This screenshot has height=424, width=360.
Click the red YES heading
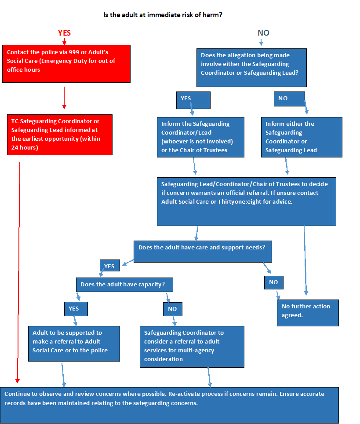click(64, 33)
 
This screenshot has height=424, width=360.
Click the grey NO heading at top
click(263, 33)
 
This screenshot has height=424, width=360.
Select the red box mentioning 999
click(66, 63)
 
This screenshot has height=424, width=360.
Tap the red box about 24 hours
click(60, 135)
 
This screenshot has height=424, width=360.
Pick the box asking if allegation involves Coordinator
click(251, 67)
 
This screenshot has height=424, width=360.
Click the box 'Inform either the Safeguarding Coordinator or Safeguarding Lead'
click(301, 137)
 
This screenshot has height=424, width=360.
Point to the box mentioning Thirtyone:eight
click(246, 201)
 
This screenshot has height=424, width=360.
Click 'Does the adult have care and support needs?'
click(203, 252)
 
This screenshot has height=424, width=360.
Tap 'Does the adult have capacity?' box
click(124, 285)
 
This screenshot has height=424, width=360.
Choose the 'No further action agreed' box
click(308, 313)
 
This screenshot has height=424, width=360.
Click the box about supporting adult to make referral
click(74, 344)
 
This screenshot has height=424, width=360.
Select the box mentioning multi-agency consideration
click(192, 346)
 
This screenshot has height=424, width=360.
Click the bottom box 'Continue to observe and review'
click(169, 405)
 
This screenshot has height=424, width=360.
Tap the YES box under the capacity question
click(76, 309)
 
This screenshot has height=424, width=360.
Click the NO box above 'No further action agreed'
click(273, 282)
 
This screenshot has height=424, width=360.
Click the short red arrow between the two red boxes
click(64, 98)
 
